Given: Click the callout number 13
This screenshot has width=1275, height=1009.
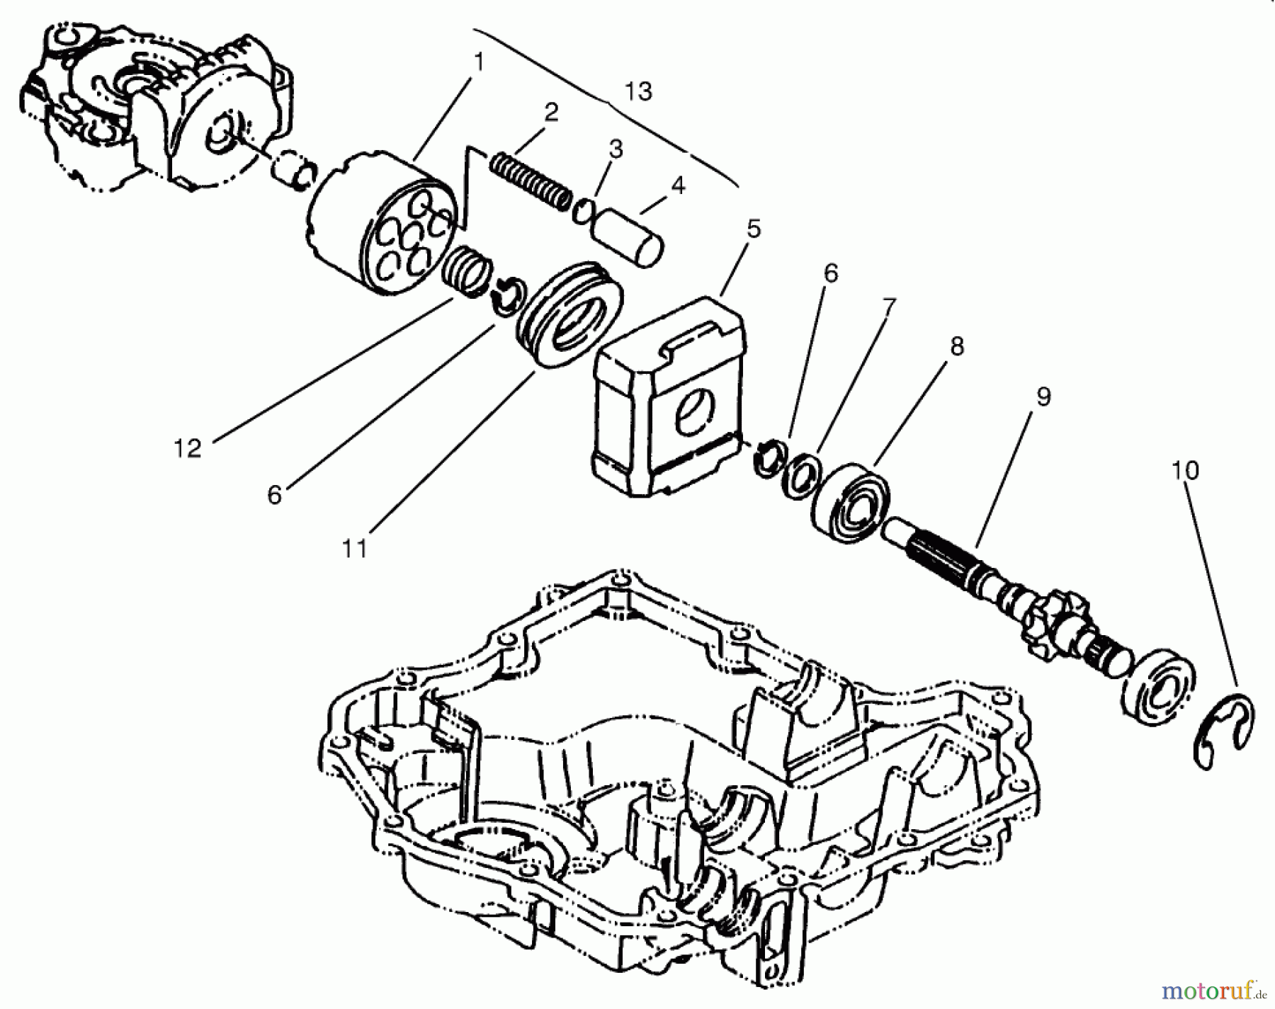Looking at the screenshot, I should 638,91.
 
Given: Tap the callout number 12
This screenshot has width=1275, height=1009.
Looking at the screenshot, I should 188,448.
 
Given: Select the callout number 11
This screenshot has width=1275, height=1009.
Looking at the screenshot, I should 355,548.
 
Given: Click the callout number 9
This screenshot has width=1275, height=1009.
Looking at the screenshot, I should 1043,397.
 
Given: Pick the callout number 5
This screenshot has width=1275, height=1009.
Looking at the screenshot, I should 753,229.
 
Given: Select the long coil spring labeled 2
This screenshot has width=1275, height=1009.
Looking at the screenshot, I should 530,181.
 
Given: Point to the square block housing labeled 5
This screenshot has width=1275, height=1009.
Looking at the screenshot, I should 669,397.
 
